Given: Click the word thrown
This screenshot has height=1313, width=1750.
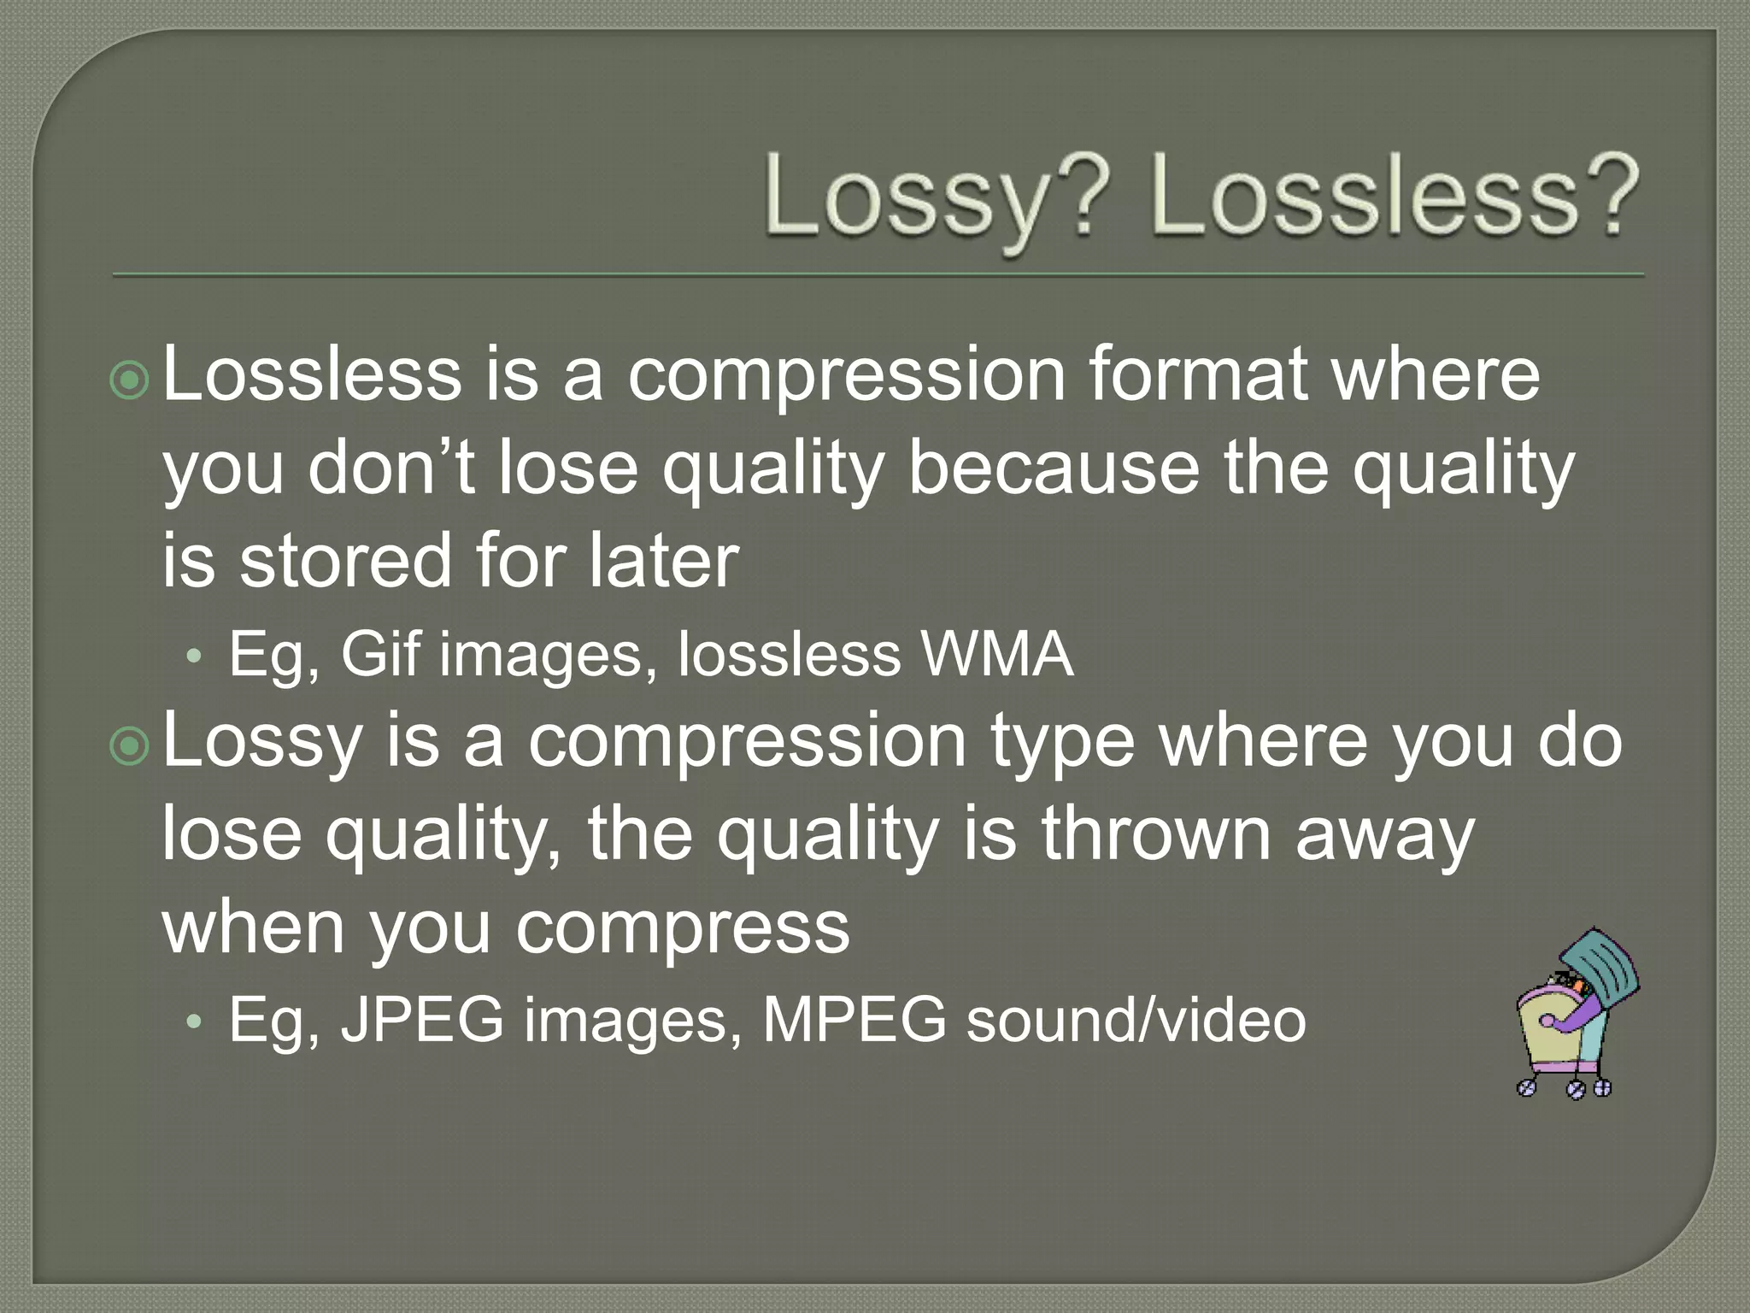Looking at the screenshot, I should coord(1156,833).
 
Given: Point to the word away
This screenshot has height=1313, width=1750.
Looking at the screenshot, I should coord(1384,833).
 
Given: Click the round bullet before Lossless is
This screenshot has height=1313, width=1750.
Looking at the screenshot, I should coord(130,381).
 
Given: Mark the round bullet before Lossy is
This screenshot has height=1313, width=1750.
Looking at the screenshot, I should coord(130,747).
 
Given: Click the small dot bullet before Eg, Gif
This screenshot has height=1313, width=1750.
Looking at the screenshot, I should coord(195,656).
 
